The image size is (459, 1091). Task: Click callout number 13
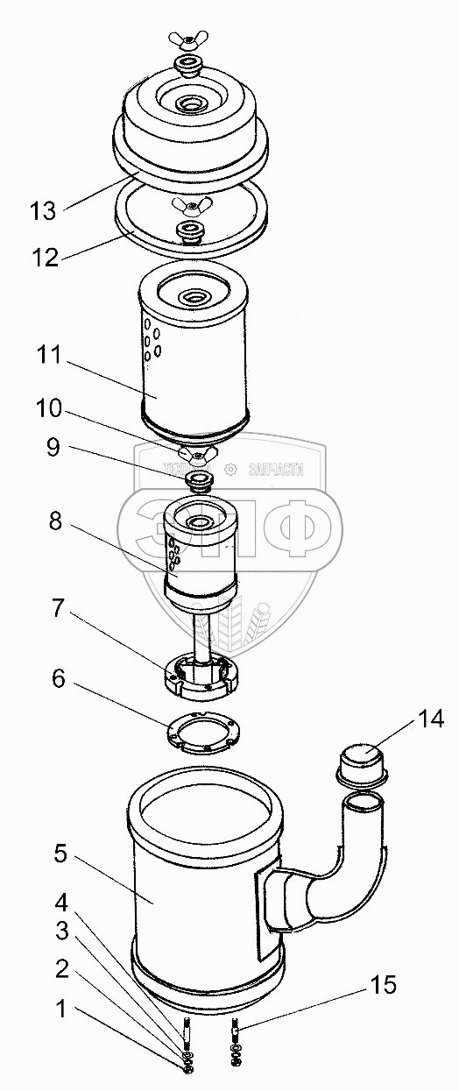pos(43,211)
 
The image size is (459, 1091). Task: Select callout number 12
pos(46,257)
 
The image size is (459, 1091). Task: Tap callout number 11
pos(49,355)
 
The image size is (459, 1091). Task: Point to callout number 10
pos(49,408)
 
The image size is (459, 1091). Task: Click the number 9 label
pos(53,448)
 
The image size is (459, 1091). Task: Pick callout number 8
pos(55,521)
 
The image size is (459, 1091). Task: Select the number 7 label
pos(58,608)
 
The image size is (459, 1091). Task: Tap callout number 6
pos(59,678)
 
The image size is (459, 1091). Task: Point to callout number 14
pos(430,719)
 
